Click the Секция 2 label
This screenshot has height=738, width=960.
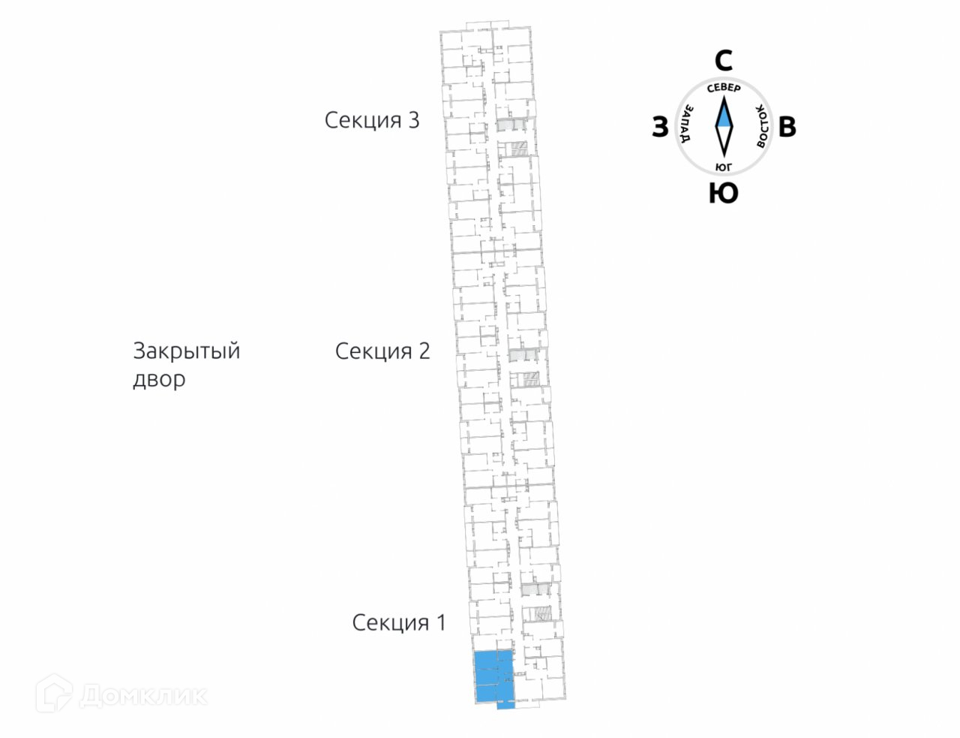coord(382,351)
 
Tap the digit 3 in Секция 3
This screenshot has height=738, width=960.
coord(412,120)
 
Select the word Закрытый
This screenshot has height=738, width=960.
coord(186,351)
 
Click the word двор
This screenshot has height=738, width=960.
coord(159,379)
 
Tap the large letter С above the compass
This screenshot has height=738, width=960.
coord(723,61)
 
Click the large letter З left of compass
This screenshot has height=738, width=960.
coord(659,128)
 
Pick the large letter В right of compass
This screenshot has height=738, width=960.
coord(787,128)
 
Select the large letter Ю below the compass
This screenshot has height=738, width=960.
coord(723,194)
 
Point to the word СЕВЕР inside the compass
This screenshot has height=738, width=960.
coord(724,88)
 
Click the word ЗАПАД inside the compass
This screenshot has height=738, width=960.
coord(685,125)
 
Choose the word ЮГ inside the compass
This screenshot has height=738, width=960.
coord(724,166)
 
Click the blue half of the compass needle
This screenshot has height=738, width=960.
coord(724,113)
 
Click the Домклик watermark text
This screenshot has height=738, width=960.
coord(142,695)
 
